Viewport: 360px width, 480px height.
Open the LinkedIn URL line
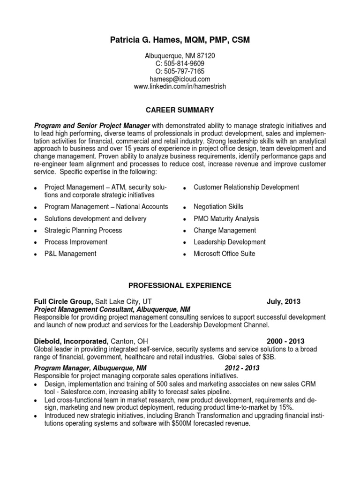point(180,87)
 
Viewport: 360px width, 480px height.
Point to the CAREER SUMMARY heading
point(180,110)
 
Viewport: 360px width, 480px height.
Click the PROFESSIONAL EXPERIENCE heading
point(180,285)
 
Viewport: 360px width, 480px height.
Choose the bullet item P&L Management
point(70,254)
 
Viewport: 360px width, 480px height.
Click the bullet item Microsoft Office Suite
point(224,254)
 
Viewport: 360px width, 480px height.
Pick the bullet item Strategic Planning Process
point(83,230)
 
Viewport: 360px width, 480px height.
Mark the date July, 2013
point(284,301)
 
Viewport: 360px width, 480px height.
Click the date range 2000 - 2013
point(285,341)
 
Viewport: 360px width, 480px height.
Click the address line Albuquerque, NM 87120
point(180,55)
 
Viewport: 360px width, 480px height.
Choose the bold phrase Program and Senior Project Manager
point(92,126)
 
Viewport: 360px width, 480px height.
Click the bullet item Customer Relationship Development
point(246,187)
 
